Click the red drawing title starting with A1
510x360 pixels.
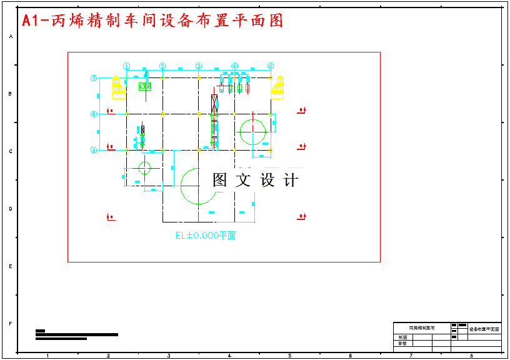click(152, 21)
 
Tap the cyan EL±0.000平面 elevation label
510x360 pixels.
click(206, 236)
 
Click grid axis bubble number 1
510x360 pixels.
click(126, 66)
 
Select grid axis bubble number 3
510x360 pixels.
click(199, 66)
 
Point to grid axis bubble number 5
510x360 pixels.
click(271, 66)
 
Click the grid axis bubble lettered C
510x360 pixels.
click(94, 78)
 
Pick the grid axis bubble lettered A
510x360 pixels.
click(94, 150)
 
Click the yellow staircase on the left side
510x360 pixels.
click(118, 87)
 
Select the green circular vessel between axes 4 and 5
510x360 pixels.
click(252, 131)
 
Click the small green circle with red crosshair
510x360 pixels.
click(144, 167)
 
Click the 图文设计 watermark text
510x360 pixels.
click(255, 180)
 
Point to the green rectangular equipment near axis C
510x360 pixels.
click(145, 86)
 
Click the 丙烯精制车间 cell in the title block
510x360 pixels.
click(422, 327)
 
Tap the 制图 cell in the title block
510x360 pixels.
click(402, 337)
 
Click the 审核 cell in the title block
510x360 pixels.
click(402, 343)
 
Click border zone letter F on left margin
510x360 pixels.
click(10, 324)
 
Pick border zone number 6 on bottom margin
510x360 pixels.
click(350, 356)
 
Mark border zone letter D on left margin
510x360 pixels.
click(10, 209)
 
